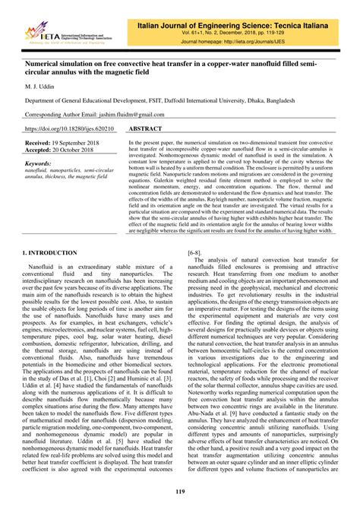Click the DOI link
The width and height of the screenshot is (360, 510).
click(71, 129)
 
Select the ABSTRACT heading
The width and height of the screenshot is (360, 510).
click(150, 129)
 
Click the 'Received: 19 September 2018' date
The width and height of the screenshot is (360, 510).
click(62, 143)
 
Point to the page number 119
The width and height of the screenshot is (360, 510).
click(179, 493)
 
